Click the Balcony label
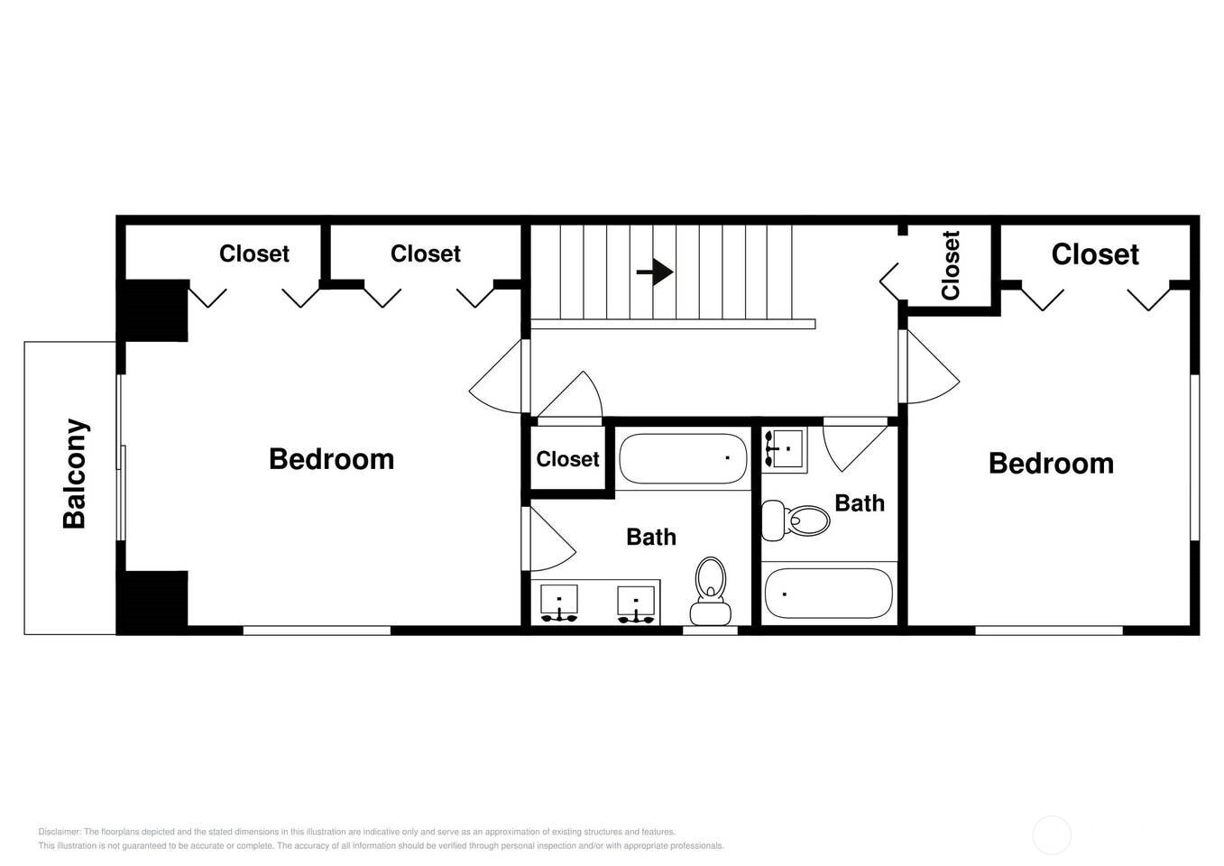(75, 474)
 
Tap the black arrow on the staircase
(655, 272)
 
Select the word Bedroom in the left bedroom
(331, 459)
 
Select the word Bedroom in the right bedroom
(1051, 464)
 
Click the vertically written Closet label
(950, 265)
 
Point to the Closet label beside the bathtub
(567, 459)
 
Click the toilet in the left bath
(711, 591)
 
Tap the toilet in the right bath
(796, 521)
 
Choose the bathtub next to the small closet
(683, 458)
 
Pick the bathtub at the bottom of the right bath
(828, 594)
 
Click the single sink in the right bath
(784, 450)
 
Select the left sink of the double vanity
(558, 603)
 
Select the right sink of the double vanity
(636, 604)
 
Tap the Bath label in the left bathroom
(651, 537)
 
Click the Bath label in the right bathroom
(860, 503)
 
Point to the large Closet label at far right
(1095, 254)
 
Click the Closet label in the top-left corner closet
(254, 253)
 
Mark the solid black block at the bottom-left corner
(153, 602)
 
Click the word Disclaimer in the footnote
(59, 832)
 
